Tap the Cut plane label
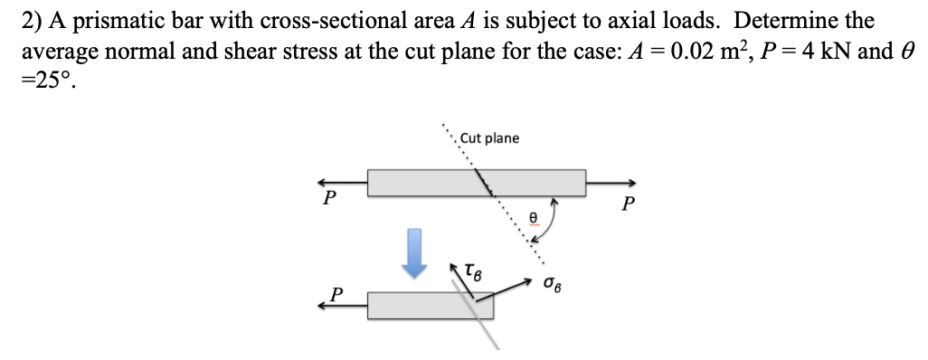(x=489, y=138)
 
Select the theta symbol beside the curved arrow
(x=534, y=218)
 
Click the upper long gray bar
(x=476, y=182)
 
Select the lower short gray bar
(x=430, y=306)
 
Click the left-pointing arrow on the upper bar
(x=343, y=182)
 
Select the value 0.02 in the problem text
(x=713, y=50)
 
